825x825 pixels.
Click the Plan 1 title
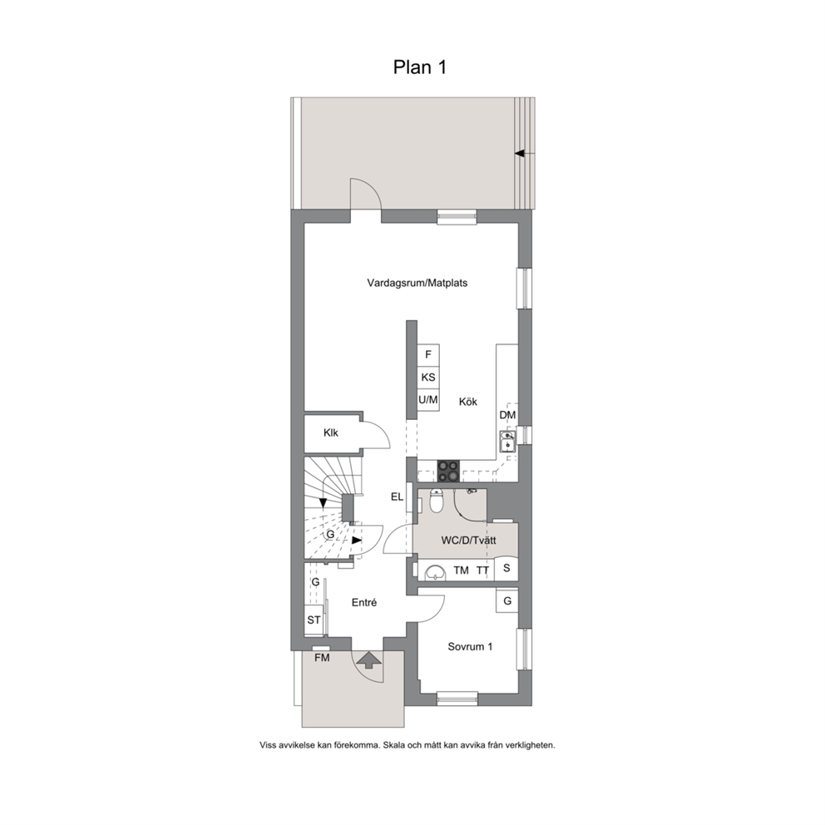coord(420,67)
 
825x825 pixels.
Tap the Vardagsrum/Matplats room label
coord(417,283)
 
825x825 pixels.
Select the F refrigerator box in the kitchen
coord(428,354)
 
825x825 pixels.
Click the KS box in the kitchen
coord(428,378)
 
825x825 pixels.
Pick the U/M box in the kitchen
coord(428,400)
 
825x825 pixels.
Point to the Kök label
coord(467,402)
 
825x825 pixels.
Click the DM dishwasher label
coord(508,415)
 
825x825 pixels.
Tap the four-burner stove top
coord(448,471)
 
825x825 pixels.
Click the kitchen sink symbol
coord(508,441)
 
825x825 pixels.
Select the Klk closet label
coord(331,433)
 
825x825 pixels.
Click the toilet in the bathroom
coord(436,501)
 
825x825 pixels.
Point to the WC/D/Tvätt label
coord(468,541)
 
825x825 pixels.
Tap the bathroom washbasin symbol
coord(435,572)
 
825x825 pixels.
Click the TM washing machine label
coord(461,571)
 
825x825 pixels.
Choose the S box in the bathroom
coord(506,568)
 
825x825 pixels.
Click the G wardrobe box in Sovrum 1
coord(507,600)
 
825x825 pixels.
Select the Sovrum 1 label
coord(470,647)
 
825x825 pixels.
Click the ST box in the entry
coord(314,620)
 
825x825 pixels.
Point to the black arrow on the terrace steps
coord(520,154)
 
